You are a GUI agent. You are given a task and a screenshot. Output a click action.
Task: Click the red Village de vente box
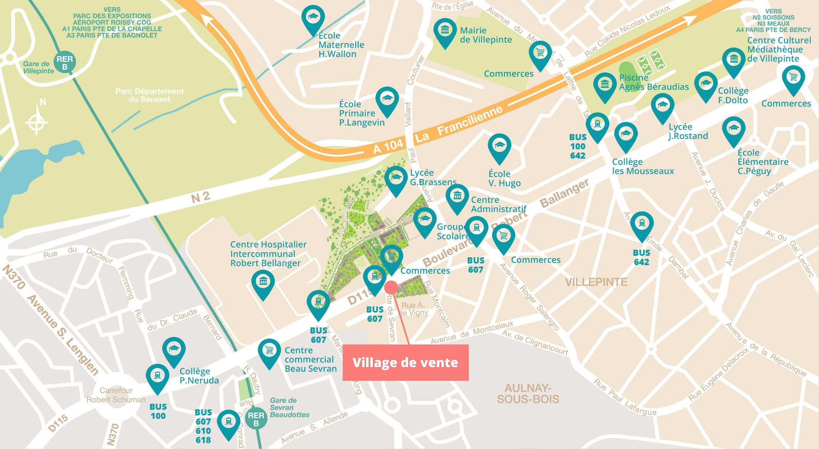coord(405,362)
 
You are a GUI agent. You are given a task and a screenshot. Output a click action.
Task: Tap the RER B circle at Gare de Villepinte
coord(65,62)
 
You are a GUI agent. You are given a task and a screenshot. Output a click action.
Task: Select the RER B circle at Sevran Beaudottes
coord(256,419)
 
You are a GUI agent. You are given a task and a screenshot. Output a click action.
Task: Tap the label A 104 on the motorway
coord(388,146)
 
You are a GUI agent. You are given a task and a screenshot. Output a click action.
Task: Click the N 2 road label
coord(200,197)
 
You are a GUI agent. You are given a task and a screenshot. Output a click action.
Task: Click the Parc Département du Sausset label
coord(149,95)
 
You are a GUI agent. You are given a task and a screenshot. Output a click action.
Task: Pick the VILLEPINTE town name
coord(596,282)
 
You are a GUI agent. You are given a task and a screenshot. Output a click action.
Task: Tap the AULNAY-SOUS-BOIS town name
coord(528,394)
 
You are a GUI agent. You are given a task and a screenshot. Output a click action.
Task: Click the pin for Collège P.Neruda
coord(174,349)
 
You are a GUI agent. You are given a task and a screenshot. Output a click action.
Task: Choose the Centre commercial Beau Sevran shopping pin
coord(269,351)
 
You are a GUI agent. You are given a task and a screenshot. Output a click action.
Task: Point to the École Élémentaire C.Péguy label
coord(763,162)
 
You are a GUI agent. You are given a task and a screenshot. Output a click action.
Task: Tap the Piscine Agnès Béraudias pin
coord(605,85)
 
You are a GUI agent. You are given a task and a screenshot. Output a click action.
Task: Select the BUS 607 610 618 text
coord(203,426)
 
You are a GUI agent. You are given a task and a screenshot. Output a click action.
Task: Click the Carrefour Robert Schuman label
coord(116,395)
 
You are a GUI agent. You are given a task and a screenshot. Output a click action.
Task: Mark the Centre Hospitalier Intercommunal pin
coord(263,282)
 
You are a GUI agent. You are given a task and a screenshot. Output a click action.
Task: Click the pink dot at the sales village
coord(391,287)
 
